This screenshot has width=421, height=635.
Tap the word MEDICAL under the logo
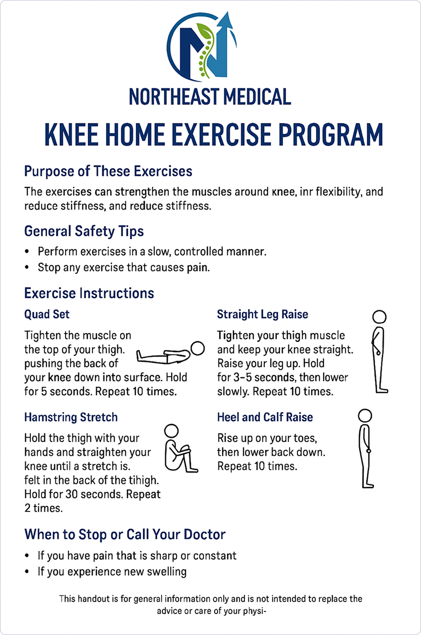pos(250,96)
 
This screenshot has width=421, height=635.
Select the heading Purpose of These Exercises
pos(108,171)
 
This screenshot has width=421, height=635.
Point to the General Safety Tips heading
pos(84,231)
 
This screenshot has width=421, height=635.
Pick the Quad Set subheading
pos(47,314)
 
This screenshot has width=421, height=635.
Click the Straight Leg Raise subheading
pos(262,314)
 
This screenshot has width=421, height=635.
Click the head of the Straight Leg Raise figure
pos(380,317)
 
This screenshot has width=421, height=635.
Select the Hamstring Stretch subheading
pos(71,417)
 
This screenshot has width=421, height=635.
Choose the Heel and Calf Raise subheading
pos(265,417)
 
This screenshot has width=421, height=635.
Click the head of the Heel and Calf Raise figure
pos(365,416)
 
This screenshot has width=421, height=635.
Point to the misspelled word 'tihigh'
pos(143,480)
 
